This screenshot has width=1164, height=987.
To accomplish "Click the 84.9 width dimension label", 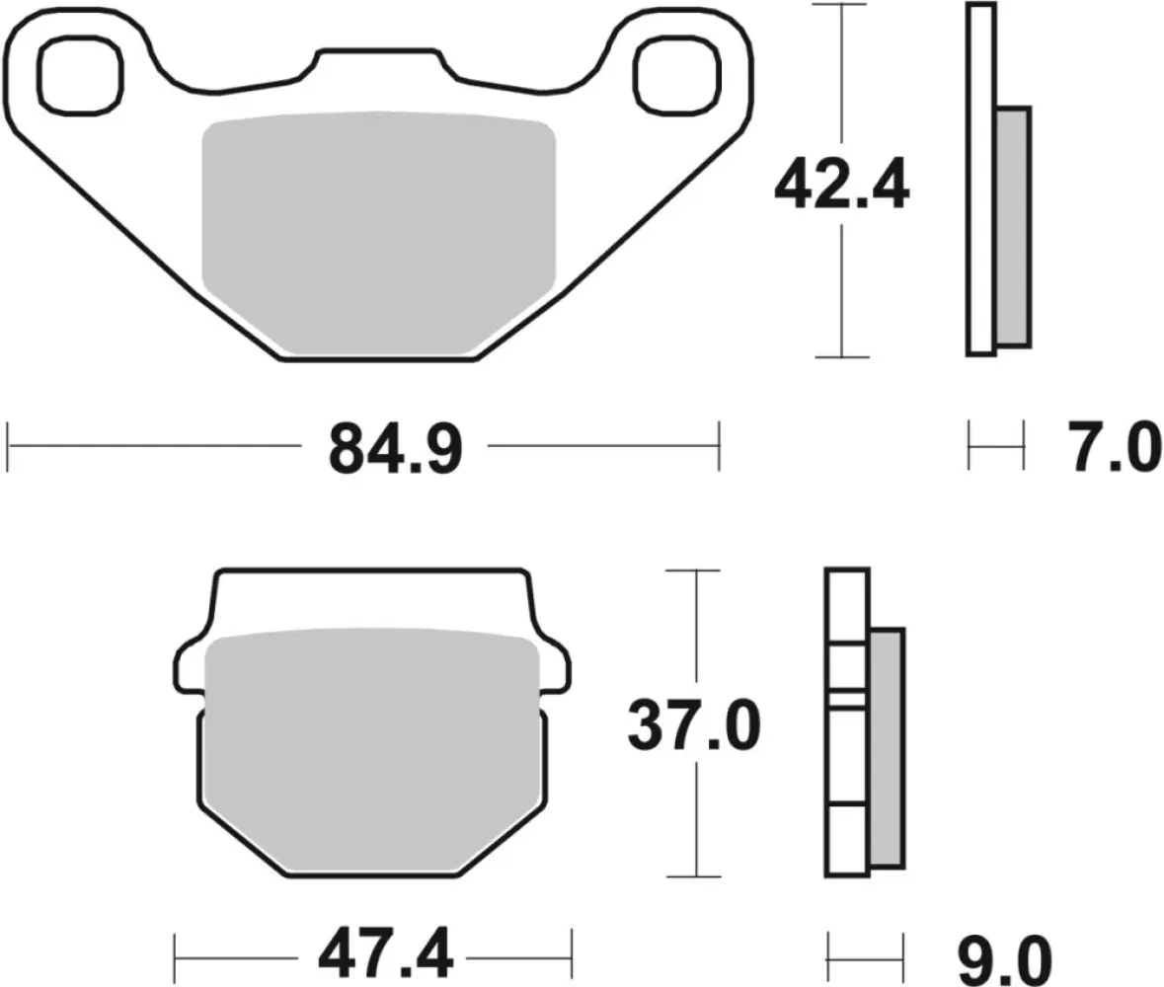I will (394, 448).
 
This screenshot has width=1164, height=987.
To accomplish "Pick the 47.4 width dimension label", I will (386, 954).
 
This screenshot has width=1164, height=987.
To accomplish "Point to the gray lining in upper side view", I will (1013, 227).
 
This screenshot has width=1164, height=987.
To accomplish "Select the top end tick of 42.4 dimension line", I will (841, 5).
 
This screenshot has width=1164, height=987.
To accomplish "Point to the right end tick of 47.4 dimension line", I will (572, 955).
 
